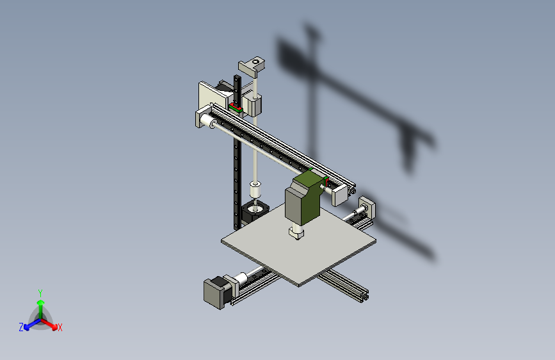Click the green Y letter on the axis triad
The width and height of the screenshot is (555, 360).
[40, 293]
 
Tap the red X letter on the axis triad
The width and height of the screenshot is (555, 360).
[60, 327]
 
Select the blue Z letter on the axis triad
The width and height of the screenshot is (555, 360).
[21, 327]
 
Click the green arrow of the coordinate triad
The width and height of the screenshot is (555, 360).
[40, 305]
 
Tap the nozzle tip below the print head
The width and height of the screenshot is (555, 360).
[296, 234]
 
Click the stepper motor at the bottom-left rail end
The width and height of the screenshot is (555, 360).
[216, 291]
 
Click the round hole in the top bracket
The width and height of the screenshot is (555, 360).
[257, 61]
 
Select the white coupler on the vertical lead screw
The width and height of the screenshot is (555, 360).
[255, 190]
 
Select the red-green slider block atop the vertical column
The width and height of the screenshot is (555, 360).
[236, 108]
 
